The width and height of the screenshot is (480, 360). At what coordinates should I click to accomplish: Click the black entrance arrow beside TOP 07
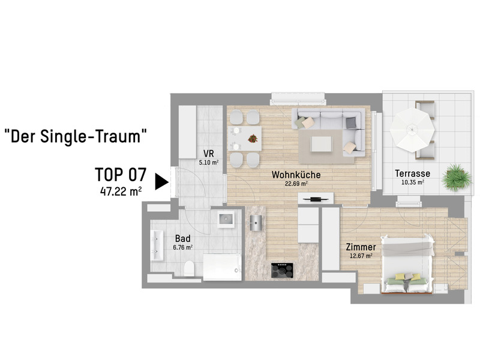(160, 181)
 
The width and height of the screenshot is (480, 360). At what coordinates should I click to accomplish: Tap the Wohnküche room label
(296, 175)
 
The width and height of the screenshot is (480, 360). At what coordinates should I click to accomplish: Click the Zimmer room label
(361, 247)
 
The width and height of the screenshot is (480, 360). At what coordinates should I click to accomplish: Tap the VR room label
(208, 154)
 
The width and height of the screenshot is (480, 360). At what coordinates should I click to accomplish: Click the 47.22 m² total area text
(121, 191)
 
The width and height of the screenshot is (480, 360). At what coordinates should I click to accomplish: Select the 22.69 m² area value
(296, 184)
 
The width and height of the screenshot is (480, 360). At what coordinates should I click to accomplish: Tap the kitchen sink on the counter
(256, 222)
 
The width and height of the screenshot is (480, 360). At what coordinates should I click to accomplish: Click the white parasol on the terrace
(411, 127)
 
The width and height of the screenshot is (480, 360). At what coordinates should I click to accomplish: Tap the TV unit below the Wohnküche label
(316, 199)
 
